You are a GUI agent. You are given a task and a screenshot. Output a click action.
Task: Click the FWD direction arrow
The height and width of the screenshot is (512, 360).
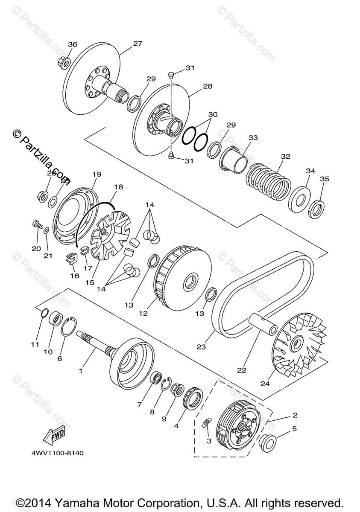pos(54,434)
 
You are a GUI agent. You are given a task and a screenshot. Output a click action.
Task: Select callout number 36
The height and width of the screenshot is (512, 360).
pos(73,44)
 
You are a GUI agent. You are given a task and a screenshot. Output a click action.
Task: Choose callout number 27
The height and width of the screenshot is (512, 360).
pos(137,44)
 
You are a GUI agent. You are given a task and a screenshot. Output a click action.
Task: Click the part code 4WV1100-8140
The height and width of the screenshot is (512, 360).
pos(56,453)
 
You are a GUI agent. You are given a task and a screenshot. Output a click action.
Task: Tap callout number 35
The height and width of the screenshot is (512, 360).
pos(325,179)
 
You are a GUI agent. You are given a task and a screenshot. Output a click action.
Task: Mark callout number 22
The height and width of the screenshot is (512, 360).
pos(242,370)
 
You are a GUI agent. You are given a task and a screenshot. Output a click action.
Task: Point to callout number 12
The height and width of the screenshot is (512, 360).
pos(143,313)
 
